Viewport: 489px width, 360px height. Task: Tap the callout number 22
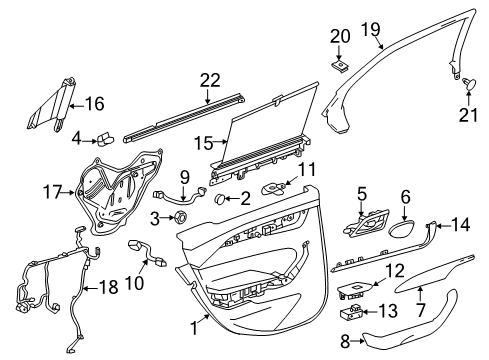208,80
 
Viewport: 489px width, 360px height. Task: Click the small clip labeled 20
338,64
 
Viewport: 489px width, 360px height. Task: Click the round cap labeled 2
216,200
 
